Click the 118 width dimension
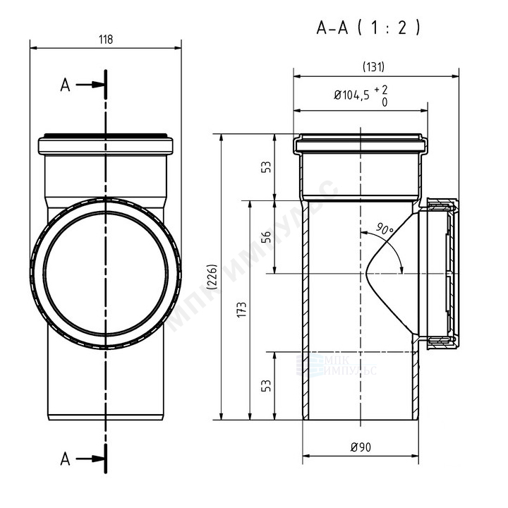click(106, 40)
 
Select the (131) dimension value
click(373, 67)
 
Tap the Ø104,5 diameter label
click(351, 95)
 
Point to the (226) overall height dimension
click(212, 277)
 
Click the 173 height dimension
click(242, 310)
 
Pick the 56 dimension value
click(266, 237)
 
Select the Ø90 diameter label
click(361, 447)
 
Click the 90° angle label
click(385, 229)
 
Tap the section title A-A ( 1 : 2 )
click(368, 28)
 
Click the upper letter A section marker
click(65, 85)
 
